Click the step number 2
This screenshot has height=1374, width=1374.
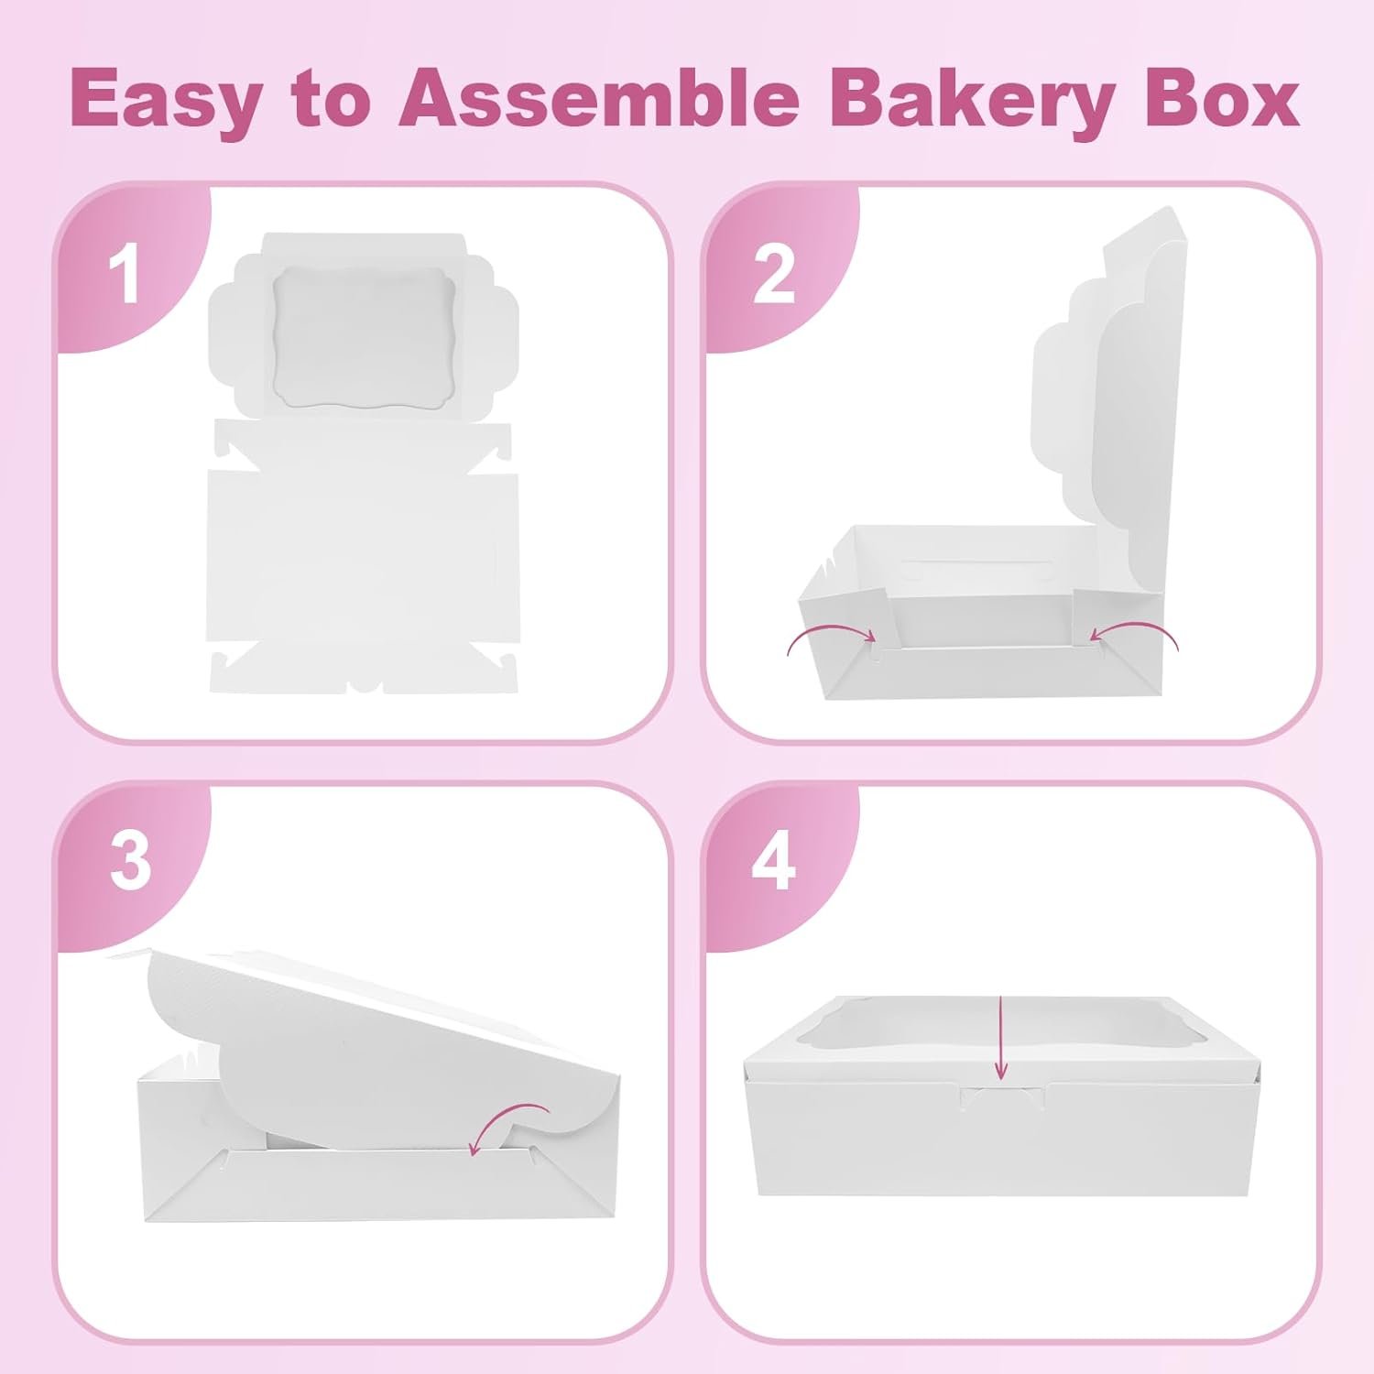click(x=774, y=274)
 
